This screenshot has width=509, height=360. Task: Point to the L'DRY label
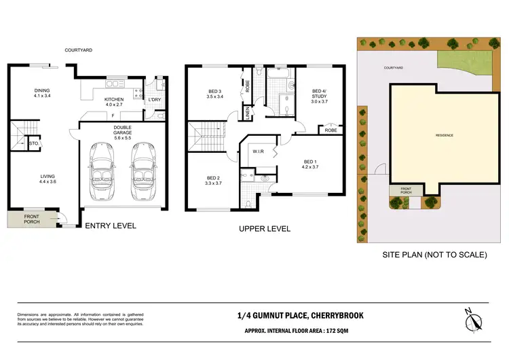click(154, 101)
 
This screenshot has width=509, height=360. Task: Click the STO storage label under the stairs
click(33, 144)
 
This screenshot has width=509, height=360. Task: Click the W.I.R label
click(258, 152)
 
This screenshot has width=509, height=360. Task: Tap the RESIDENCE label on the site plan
click(445, 135)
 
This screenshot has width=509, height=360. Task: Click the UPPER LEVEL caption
click(265, 229)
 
